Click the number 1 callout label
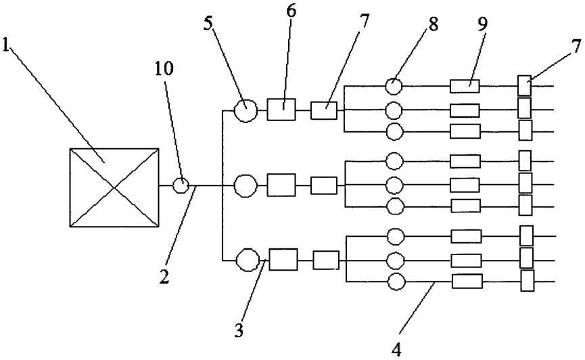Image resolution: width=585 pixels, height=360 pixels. point(5,45)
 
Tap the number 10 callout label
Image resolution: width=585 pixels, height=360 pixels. point(164,68)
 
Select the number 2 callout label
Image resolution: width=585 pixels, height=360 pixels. point(164,276)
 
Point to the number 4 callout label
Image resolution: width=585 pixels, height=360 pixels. point(396,350)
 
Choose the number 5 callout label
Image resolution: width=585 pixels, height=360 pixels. point(208,24)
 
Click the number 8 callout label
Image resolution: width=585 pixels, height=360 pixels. point(433,24)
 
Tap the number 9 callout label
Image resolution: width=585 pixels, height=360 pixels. point(482,24)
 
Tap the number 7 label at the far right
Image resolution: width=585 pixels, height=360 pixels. point(576,47)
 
